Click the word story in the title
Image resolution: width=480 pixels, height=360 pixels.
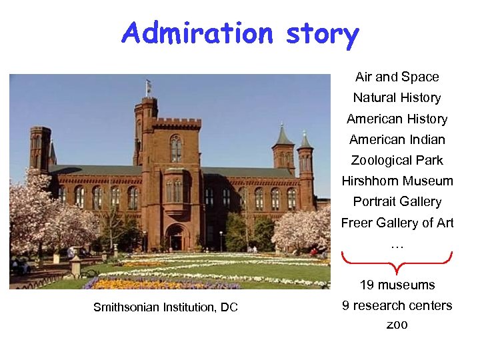click(x=322, y=33)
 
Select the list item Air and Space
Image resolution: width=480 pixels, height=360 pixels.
click(x=397, y=77)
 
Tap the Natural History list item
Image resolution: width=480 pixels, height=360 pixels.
click(x=397, y=98)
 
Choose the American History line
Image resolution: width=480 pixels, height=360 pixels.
click(x=397, y=119)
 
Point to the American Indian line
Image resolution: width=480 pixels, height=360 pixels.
click(x=397, y=140)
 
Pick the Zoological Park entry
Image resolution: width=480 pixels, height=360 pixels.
click(x=397, y=161)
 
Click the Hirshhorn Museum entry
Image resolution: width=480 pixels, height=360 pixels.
click(x=397, y=181)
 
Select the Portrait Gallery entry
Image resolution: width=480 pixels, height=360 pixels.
click(x=397, y=202)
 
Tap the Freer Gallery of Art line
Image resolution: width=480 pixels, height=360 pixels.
click(x=397, y=223)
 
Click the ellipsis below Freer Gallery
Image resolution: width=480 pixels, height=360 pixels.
click(x=397, y=245)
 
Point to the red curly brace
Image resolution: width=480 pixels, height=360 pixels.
click(x=397, y=263)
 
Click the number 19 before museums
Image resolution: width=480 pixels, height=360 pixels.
click(x=367, y=285)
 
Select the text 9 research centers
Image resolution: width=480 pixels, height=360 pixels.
click(x=397, y=306)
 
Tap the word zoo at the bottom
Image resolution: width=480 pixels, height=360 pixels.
click(x=397, y=325)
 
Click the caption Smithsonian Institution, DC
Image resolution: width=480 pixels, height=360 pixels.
click(x=165, y=307)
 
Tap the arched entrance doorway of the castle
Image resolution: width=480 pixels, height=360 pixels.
click(x=177, y=238)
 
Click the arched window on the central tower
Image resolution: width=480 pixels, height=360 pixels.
click(x=175, y=148)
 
